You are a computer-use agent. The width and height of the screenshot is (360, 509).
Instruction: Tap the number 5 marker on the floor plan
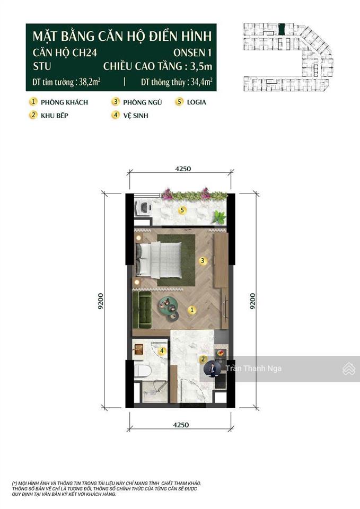click(x=182, y=210)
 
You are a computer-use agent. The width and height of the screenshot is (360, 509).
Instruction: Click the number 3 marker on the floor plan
click(x=202, y=260)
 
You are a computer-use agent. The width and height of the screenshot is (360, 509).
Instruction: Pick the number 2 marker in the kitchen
click(x=203, y=359)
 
